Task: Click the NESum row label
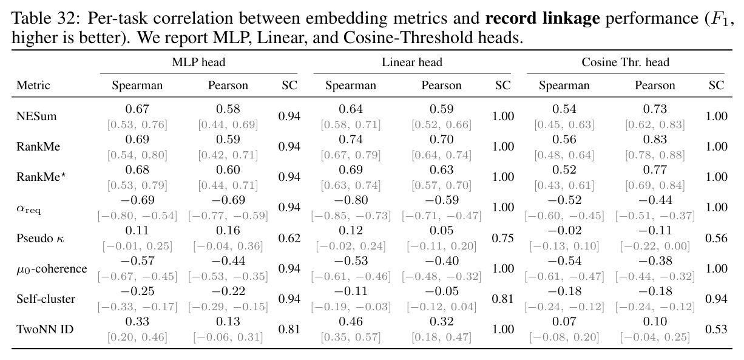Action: pyautogui.click(x=36, y=117)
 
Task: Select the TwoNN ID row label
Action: pyautogui.click(x=45, y=330)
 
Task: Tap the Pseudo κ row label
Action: pyautogui.click(x=40, y=239)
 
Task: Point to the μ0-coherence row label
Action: pyautogui.click(x=52, y=269)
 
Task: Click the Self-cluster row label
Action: pyautogui.click(x=46, y=299)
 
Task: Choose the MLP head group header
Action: pyautogui.click(x=198, y=62)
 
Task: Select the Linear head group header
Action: pyautogui.click(x=412, y=62)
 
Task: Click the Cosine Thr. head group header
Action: pyautogui.click(x=626, y=62)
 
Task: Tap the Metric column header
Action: pyautogui.click(x=33, y=86)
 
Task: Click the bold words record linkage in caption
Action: pyautogui.click(x=543, y=18)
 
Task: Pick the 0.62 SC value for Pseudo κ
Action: pyautogui.click(x=289, y=239)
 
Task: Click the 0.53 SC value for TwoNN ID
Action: pyautogui.click(x=717, y=330)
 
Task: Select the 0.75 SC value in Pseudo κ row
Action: pyautogui.click(x=503, y=239)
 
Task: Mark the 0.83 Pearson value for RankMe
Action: pyautogui.click(x=655, y=139)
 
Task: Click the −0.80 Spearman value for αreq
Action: pyautogui.click(x=351, y=200)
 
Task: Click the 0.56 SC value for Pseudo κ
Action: pyautogui.click(x=717, y=239)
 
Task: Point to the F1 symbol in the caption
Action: pyautogui.click(x=717, y=19)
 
